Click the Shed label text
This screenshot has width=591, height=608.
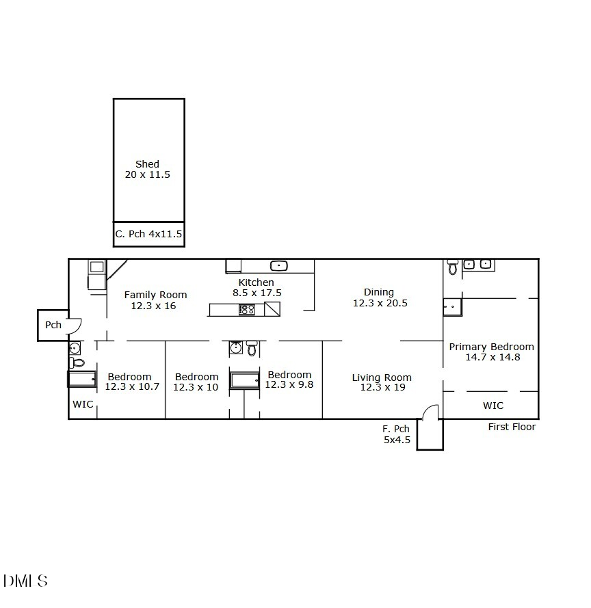[x=147, y=164]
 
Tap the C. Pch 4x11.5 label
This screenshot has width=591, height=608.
[x=148, y=234]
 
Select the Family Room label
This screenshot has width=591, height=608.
[x=155, y=295]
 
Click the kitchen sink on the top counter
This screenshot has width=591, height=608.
[x=278, y=265]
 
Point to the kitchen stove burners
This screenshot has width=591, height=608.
[x=247, y=309]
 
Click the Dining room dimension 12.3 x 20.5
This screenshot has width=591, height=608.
[x=380, y=303]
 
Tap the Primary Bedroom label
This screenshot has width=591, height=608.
[x=491, y=347]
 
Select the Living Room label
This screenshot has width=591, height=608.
[x=382, y=378]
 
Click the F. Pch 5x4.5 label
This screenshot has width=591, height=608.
[x=396, y=434]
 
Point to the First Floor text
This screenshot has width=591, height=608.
[x=512, y=427]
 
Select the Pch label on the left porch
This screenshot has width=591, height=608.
[x=53, y=325]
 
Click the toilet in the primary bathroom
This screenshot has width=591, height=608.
[x=453, y=267]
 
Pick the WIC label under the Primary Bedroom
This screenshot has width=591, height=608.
[x=493, y=406]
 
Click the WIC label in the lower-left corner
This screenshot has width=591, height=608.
[x=83, y=404]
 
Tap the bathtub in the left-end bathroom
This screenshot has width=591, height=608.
[x=82, y=379]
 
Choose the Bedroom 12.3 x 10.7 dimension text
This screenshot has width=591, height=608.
[x=132, y=386]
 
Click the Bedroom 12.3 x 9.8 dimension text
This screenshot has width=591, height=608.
[x=289, y=384]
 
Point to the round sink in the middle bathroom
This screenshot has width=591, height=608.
[x=235, y=348]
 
